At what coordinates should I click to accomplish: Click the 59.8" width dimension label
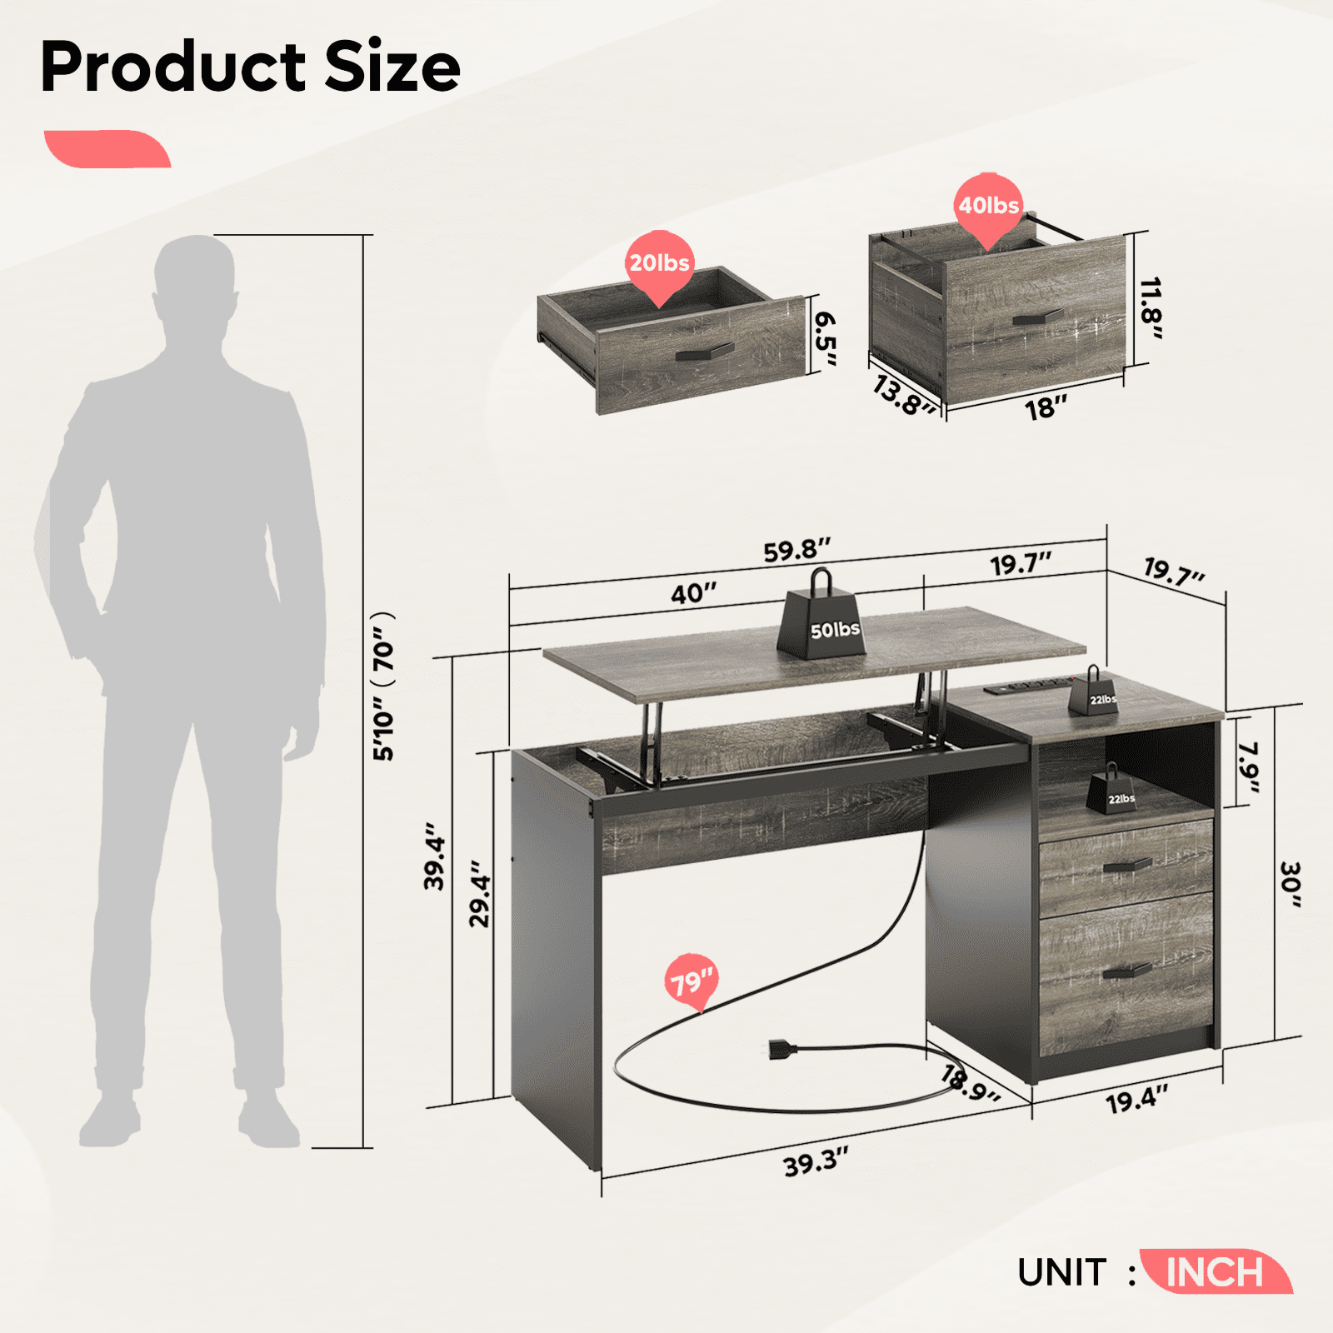pyautogui.click(x=796, y=550)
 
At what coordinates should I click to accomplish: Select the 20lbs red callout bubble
pyautogui.click(x=659, y=264)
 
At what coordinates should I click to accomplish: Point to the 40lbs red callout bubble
pyautogui.click(x=988, y=207)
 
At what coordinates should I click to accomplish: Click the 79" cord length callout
pyautogui.click(x=691, y=981)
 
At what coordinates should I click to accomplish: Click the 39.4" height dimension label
pyautogui.click(x=435, y=856)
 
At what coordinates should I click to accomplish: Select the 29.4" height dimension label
pyautogui.click(x=481, y=894)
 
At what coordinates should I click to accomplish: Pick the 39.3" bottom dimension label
pyautogui.click(x=816, y=1161)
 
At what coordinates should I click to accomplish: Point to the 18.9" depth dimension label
pyautogui.click(x=969, y=1083)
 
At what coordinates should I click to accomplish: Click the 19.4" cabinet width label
pyautogui.click(x=1136, y=1099)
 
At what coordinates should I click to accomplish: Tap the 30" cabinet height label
pyautogui.click(x=1289, y=885)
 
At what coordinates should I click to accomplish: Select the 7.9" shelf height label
pyautogui.click(x=1247, y=767)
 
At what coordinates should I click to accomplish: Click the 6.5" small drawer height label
pyautogui.click(x=825, y=338)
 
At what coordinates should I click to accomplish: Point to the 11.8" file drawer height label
pyautogui.click(x=1151, y=308)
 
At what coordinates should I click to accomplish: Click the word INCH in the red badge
pyautogui.click(x=1214, y=1272)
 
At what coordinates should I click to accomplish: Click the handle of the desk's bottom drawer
pyautogui.click(x=1126, y=971)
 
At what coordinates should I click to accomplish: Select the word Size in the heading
pyautogui.click(x=392, y=67)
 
